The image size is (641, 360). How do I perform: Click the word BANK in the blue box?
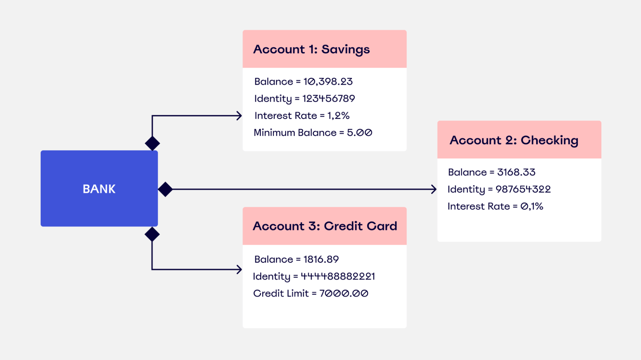pos(99,189)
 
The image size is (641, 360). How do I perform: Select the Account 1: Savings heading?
pos(311,50)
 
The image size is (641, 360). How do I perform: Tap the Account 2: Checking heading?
pos(514,141)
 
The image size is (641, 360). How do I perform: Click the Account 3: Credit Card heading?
pos(325,226)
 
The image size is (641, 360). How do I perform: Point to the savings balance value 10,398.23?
pos(328,81)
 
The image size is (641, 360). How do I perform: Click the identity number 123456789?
pos(329,99)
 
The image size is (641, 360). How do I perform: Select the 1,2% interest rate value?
pos(338,116)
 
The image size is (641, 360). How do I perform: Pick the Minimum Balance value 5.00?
pos(359,133)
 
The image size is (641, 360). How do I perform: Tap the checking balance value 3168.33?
pos(516,172)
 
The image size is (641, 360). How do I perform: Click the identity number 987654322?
pos(523,189)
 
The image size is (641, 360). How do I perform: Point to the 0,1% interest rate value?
pos(532,206)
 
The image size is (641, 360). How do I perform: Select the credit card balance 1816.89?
pos(321,259)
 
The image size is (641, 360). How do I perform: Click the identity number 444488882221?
pos(338,276)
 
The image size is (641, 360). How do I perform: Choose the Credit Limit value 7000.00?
pos(344,293)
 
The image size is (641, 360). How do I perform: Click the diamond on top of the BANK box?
pos(152,143)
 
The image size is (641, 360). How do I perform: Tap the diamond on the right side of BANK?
pos(165,189)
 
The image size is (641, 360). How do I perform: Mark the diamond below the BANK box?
pos(152,234)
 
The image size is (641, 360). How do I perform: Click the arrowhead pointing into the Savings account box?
pos(239,116)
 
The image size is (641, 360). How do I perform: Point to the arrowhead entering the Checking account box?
pos(434,189)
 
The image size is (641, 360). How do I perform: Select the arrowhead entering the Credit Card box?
pos(239,270)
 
